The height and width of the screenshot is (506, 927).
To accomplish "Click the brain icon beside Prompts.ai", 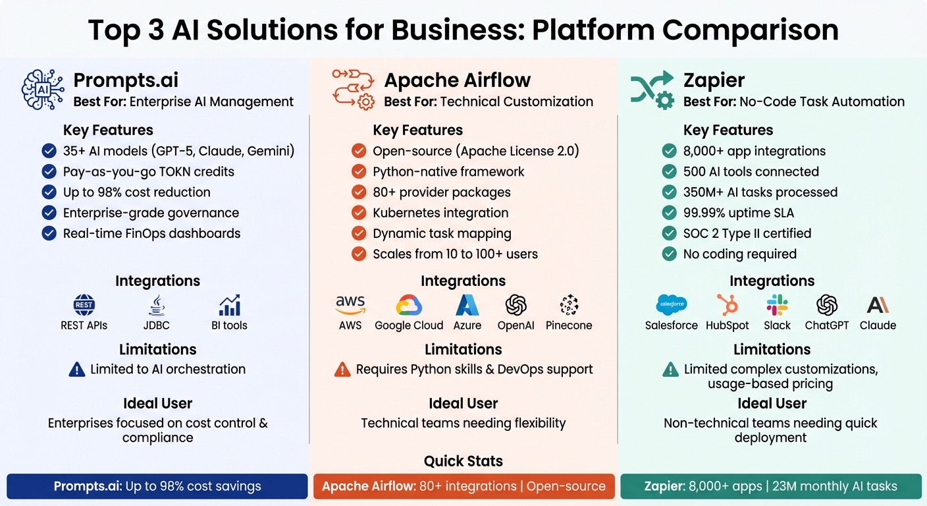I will [43, 89].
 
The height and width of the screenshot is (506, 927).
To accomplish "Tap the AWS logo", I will [350, 304].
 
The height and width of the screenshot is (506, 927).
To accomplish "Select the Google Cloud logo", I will [409, 305].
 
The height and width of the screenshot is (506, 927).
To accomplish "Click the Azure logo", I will [467, 305].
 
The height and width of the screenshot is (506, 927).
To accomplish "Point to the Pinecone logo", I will [569, 305].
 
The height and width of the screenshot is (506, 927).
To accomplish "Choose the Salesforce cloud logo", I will [672, 305].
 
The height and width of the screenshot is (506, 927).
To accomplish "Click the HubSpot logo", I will [728, 305].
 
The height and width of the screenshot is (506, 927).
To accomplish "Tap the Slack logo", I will [778, 305].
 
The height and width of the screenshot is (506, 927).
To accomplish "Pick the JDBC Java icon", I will [157, 305].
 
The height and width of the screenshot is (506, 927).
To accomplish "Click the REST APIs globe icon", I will [84, 305].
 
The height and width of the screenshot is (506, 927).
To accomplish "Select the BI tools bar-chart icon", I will [230, 305].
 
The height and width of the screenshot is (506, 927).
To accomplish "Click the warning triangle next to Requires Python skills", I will [342, 370].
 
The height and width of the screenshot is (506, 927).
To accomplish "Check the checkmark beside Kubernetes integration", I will [359, 213].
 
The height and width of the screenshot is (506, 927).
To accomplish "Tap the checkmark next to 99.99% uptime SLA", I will [670, 213].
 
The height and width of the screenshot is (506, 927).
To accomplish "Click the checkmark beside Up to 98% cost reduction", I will [49, 192].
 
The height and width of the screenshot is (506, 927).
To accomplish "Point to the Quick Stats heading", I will [463, 461].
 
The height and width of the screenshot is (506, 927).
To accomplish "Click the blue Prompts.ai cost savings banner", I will [157, 487].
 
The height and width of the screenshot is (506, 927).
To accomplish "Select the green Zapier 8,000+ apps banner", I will [771, 487].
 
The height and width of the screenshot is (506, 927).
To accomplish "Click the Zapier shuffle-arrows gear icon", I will [652, 89].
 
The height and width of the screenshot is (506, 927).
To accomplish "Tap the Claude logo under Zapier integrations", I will [878, 305].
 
